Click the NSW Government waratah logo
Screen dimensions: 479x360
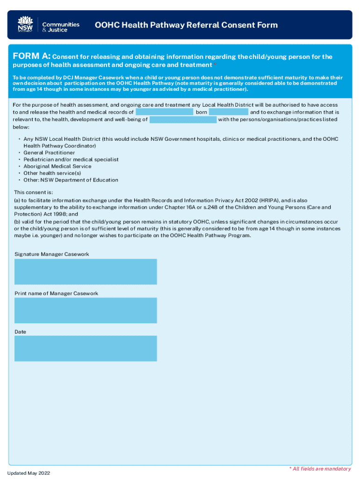25,24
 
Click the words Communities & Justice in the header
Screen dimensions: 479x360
61,27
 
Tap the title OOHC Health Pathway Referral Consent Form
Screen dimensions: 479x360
186,25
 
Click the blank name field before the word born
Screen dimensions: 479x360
165,112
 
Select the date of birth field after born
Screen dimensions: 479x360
229,112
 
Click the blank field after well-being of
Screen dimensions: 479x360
183,120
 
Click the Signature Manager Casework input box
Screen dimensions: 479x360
86,272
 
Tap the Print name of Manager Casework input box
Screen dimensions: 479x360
86,310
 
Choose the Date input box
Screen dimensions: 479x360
86,348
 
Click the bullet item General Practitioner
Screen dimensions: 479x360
49,152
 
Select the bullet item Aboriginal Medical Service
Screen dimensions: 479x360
58,166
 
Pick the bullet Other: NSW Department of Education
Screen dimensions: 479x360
71,180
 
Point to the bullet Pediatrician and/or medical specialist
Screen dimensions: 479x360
71,160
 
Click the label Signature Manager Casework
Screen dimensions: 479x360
51,254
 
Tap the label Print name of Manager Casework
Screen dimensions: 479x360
56,293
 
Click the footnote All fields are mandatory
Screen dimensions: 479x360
320,469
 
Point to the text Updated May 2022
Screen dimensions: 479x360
29,473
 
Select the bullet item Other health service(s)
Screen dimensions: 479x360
52,173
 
